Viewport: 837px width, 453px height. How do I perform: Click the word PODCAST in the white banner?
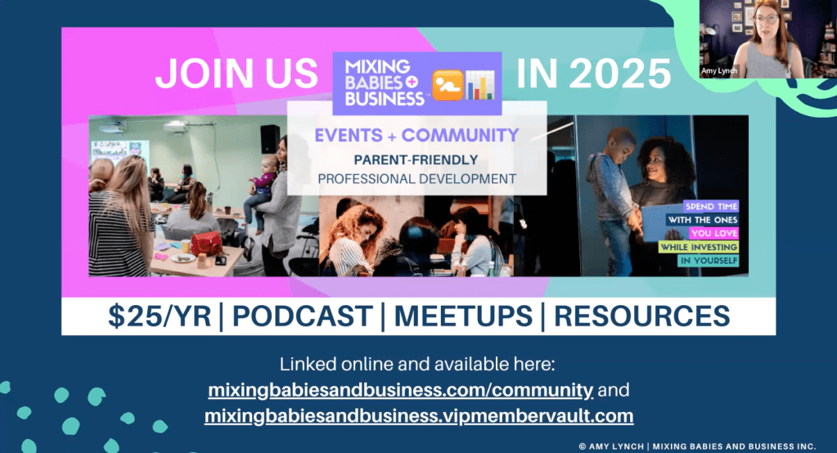coord(302,316)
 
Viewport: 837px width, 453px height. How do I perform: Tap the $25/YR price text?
coord(160,316)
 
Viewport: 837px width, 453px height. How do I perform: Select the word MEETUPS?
coord(463,316)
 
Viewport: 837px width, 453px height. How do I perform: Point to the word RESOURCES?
coord(641,316)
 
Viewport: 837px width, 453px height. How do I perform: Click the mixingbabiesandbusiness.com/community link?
coord(400,390)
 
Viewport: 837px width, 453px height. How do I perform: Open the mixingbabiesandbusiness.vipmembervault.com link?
coord(419,415)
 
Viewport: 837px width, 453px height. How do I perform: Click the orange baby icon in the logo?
coord(448,85)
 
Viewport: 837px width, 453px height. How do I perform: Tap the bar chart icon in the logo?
coord(480,85)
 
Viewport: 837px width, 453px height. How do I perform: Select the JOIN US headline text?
coord(236,74)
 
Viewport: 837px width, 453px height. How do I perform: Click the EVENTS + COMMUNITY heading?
coord(416,136)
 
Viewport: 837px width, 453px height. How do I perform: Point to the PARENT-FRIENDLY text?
coord(416,159)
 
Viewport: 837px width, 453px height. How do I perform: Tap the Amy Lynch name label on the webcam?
coord(719,71)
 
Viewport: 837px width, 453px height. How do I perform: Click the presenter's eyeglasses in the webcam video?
coord(767,19)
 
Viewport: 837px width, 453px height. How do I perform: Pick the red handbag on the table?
coord(206,244)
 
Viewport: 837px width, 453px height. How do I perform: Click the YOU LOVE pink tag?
coord(713,233)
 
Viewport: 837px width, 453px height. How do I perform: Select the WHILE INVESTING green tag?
coord(699,247)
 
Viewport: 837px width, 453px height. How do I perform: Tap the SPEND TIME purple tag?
coord(711,207)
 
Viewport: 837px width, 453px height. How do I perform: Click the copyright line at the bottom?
coord(697,446)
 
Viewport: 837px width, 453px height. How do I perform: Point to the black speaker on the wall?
coord(270,139)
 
